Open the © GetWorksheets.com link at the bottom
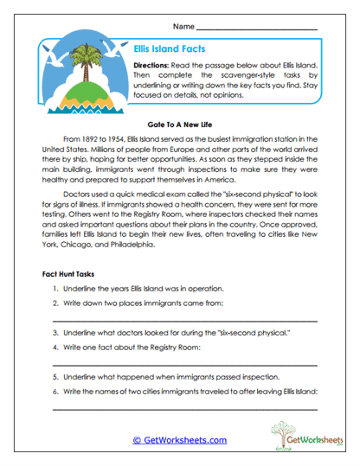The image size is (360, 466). coord(179,440)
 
